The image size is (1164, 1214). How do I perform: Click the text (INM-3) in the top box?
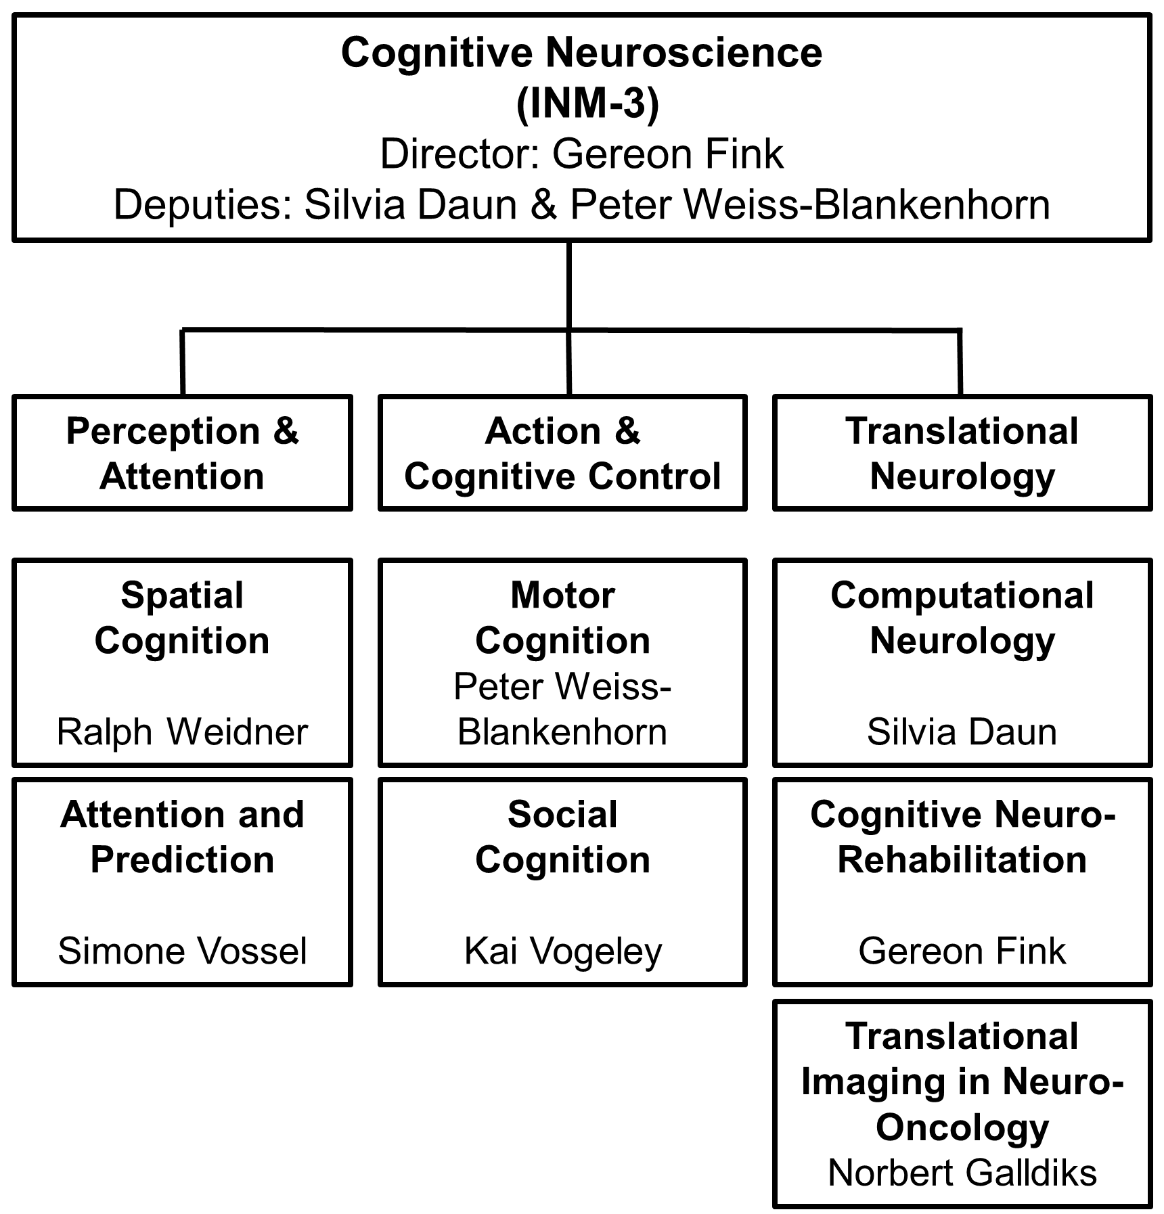(587, 104)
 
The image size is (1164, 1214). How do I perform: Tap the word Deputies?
(202, 205)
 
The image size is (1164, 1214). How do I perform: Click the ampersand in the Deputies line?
(543, 205)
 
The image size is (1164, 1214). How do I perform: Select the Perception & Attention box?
(182, 453)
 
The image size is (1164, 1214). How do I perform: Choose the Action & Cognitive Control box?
(562, 453)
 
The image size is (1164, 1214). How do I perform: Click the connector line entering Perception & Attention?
(182, 362)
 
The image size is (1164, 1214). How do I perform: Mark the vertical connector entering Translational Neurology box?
(960, 362)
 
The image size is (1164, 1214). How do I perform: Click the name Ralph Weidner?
(182, 732)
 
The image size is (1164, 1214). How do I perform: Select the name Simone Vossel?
(182, 951)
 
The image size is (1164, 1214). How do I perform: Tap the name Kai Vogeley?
(562, 951)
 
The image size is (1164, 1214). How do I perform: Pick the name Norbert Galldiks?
(962, 1173)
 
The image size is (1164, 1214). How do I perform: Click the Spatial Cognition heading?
(182, 618)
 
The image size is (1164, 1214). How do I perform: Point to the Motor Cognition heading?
(562, 618)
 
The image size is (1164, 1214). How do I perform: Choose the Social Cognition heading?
(562, 837)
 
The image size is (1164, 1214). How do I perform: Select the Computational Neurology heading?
(962, 618)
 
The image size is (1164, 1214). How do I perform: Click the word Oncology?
(962, 1127)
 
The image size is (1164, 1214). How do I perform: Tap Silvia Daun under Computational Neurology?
(962, 732)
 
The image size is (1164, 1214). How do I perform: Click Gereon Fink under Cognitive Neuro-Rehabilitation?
(962, 951)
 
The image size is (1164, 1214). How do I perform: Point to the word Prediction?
(182, 860)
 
